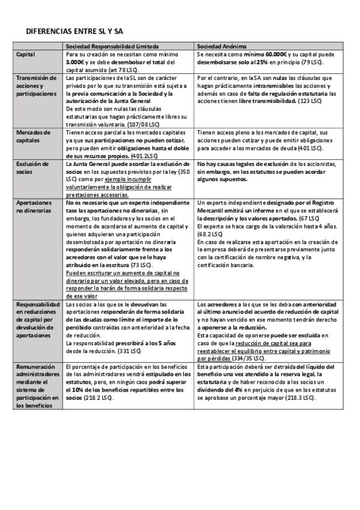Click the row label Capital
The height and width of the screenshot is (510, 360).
pyautogui.click(x=26, y=54)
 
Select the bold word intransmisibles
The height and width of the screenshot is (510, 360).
pyautogui.click(x=266, y=86)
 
